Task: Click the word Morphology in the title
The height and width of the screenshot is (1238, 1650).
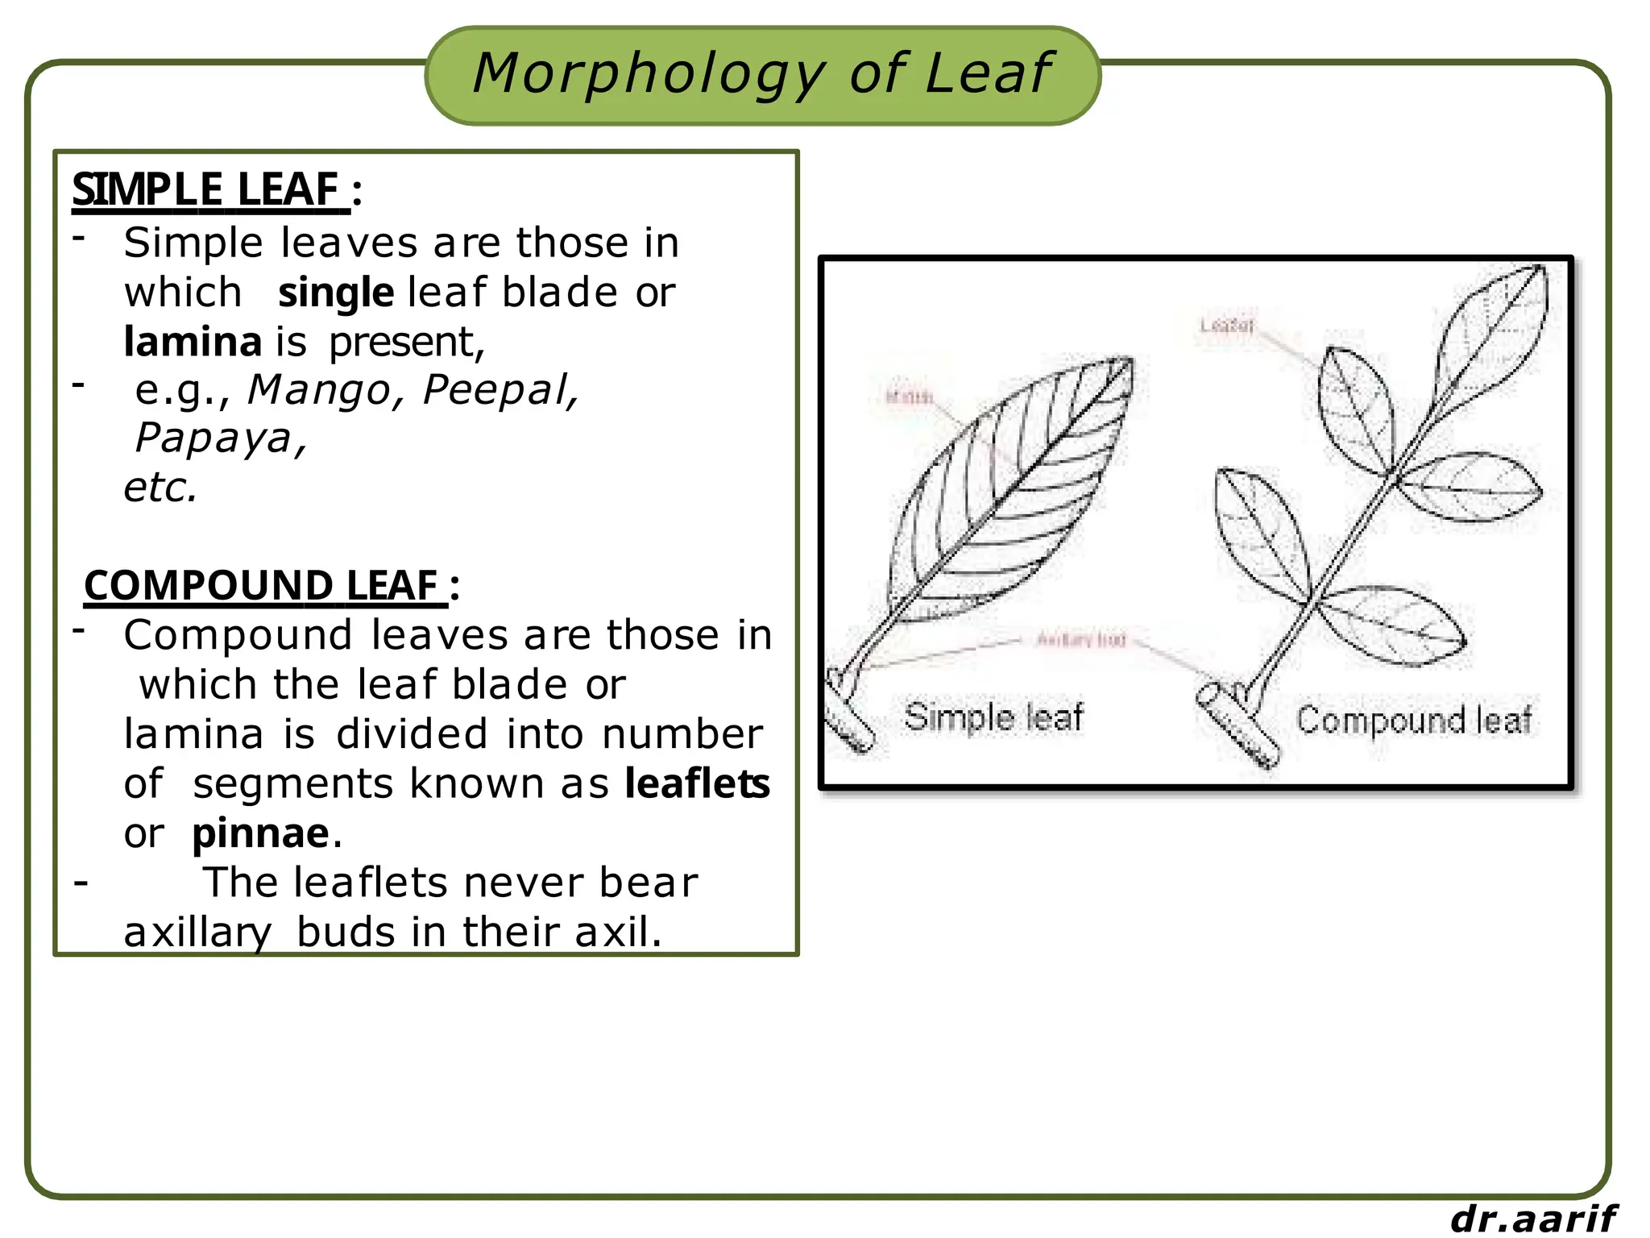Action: click(649, 74)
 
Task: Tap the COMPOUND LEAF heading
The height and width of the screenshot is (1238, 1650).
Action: click(263, 585)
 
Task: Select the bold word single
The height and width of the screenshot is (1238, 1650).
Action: click(335, 293)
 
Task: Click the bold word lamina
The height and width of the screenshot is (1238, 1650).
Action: click(193, 342)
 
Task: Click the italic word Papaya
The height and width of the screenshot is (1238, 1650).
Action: click(213, 439)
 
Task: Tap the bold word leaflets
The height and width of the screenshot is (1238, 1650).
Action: click(697, 783)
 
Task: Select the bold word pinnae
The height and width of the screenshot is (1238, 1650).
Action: click(260, 833)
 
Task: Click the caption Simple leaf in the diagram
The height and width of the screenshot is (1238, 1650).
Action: click(993, 717)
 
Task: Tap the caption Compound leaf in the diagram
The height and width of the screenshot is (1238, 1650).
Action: click(1414, 720)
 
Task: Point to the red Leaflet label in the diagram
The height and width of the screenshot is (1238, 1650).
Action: click(1227, 326)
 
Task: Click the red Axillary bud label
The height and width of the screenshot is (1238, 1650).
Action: click(1080, 640)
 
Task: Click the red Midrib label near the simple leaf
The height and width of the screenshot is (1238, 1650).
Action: click(909, 397)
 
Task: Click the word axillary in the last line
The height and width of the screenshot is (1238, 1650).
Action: click(197, 933)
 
